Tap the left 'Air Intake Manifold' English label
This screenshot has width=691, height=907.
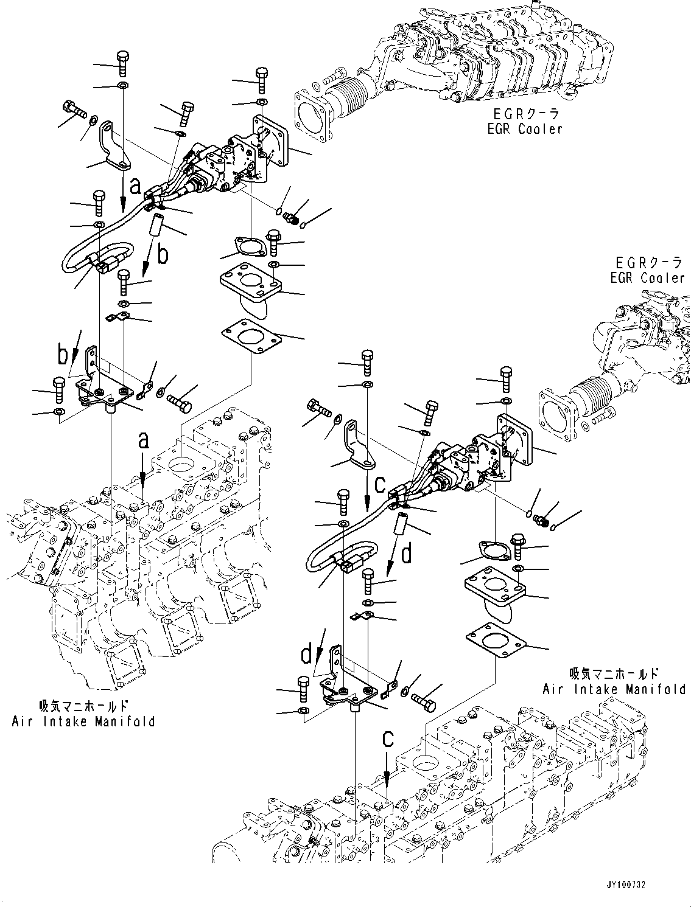point(83,721)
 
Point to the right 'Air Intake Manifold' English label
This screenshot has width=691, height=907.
point(614,689)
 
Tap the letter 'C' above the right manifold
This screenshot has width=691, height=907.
point(388,739)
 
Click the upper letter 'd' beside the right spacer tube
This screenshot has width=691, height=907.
point(407,554)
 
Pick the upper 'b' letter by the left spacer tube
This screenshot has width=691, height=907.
point(162,255)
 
